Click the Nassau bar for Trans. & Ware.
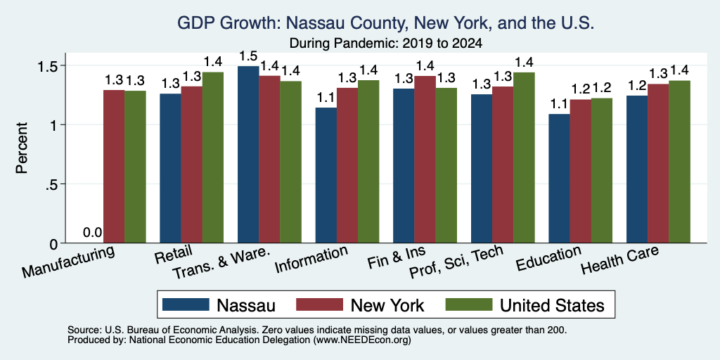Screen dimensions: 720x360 click(248, 154)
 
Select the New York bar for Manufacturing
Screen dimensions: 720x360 click(114, 166)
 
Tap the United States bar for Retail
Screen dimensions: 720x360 click(212, 157)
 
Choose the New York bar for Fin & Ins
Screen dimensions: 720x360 click(425, 160)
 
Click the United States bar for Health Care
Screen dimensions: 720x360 click(680, 162)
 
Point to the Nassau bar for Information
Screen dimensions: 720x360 click(326, 175)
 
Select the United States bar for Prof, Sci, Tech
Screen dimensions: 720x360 click(524, 157)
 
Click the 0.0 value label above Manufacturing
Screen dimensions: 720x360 click(92, 233)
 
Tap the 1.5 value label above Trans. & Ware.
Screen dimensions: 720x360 click(248, 56)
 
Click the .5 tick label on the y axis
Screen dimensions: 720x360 click(51, 184)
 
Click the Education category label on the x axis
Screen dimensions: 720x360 click(548, 259)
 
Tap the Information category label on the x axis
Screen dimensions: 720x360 click(311, 259)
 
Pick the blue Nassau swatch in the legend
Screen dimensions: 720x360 click(186, 304)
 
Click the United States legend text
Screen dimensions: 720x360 click(552, 305)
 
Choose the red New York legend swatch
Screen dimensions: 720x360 click(320, 304)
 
